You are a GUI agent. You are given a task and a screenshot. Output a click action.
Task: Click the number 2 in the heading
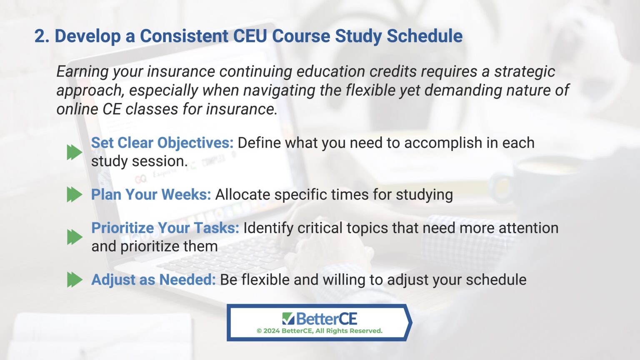[x=39, y=36]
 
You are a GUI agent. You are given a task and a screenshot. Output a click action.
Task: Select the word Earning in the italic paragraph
[x=82, y=72]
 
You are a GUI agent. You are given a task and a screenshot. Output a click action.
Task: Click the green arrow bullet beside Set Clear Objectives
[x=75, y=152]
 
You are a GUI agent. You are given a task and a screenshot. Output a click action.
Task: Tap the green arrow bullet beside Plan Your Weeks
[x=75, y=195]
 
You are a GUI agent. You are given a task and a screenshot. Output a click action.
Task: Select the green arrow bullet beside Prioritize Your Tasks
[x=75, y=237]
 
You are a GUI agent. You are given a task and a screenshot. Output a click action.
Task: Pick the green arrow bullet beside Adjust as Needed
[x=75, y=280]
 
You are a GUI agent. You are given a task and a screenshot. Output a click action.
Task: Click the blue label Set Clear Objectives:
[x=162, y=143]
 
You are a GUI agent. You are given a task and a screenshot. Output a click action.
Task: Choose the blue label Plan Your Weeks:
[x=151, y=195]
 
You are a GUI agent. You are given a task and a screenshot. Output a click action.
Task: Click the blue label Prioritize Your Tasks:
[x=165, y=228]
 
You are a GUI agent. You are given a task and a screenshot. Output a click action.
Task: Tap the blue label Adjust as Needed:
[x=153, y=280]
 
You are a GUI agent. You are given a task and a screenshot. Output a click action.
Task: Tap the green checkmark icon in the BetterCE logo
[x=288, y=319]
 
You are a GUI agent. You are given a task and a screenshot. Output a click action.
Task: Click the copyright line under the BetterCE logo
[x=320, y=331]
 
